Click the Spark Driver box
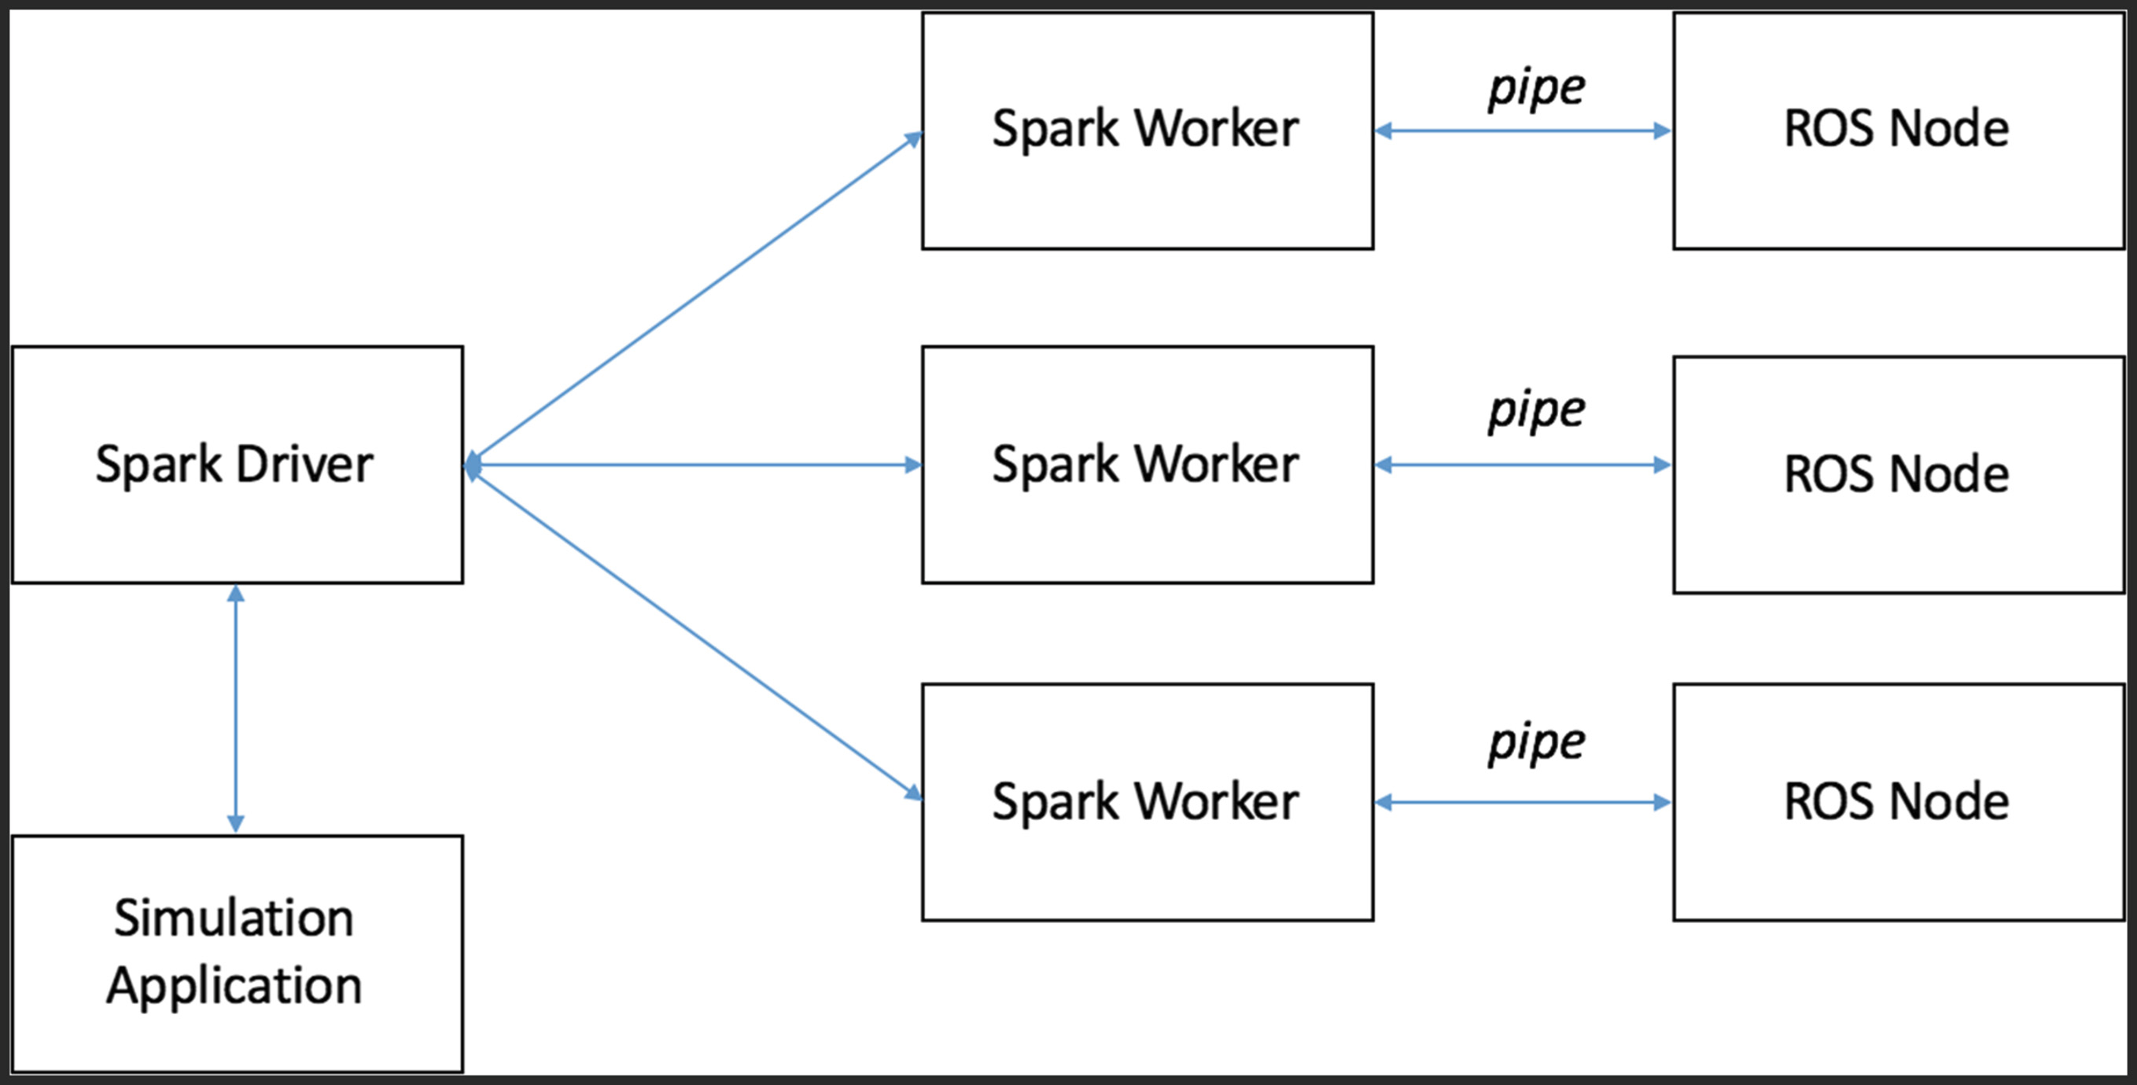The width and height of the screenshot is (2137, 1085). click(x=238, y=465)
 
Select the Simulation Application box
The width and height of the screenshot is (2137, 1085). click(x=238, y=953)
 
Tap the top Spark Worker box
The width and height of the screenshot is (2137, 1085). click(x=1148, y=131)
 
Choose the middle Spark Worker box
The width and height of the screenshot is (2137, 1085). click(x=1148, y=465)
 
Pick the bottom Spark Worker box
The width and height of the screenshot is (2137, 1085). click(x=1148, y=802)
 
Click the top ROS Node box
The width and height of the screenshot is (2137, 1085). click(x=1899, y=131)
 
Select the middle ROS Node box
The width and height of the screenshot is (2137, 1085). click(x=1899, y=474)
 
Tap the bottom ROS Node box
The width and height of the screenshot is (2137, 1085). click(x=1899, y=802)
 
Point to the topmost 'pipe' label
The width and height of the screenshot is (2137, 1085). click(x=1536, y=89)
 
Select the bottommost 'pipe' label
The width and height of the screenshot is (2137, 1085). click(x=1536, y=743)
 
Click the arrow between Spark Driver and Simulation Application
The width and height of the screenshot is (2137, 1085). click(x=236, y=709)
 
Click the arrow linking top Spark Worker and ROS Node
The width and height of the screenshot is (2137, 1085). click(x=1523, y=131)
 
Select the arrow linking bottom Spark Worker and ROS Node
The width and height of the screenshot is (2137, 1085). click(x=1523, y=802)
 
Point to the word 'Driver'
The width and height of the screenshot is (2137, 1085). click(x=304, y=464)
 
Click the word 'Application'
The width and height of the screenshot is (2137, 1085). click(x=234, y=986)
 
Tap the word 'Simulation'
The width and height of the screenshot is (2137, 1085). click(x=234, y=918)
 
